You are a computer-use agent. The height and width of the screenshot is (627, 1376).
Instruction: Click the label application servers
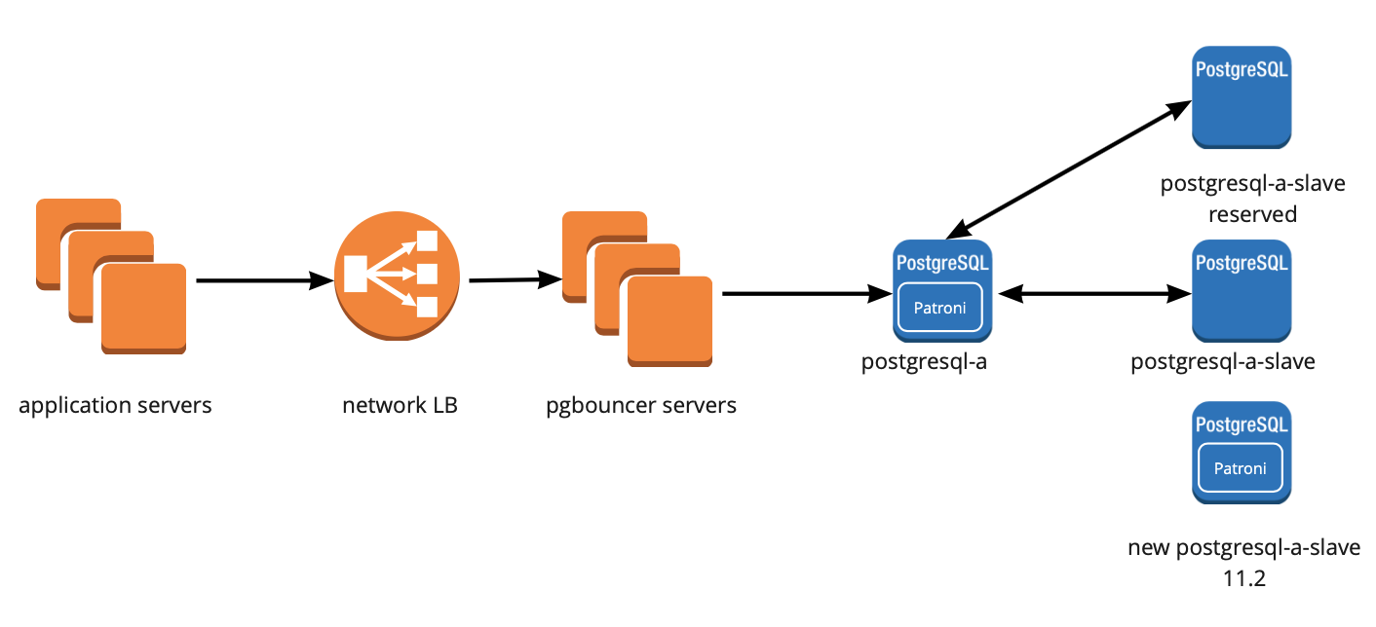115,405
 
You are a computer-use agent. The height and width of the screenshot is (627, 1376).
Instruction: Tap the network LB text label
400,405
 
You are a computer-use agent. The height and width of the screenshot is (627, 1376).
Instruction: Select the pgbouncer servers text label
641,405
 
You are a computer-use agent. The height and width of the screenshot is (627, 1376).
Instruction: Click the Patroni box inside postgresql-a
940,308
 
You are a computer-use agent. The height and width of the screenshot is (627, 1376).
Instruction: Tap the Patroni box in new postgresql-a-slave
1241,468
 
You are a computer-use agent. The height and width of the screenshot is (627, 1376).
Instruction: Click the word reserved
1252,214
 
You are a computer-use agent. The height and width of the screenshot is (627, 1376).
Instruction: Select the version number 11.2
1243,578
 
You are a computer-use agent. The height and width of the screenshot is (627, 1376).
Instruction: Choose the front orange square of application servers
143,307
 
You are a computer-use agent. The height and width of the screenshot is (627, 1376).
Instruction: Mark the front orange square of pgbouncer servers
669,321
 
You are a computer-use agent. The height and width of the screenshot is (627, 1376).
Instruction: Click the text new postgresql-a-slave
1243,547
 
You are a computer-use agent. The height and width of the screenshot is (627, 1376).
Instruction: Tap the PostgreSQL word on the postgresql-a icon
941,262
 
